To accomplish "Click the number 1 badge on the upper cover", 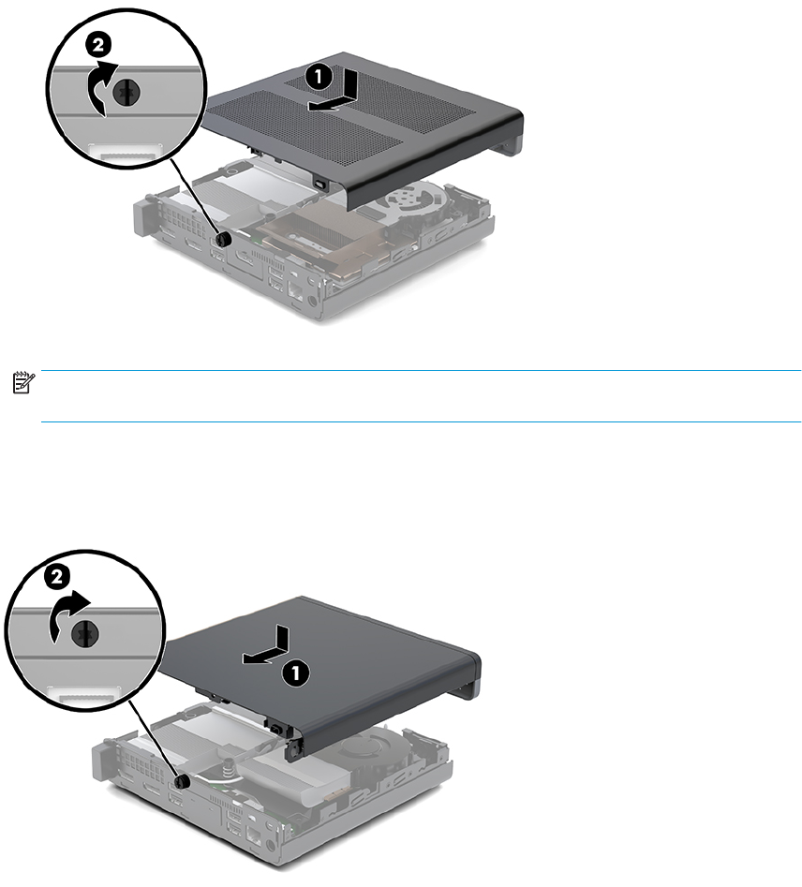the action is pos(319,77).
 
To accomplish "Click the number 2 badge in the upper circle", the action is pos(97,46).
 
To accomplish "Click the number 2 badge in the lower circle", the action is pos(56,577).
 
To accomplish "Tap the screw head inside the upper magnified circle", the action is pos(126,94).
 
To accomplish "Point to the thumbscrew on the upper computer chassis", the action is pos(224,240).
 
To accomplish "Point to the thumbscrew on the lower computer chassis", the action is pos(183,782).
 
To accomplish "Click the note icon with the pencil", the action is pos(23,383).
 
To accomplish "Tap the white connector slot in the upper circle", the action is pos(126,152).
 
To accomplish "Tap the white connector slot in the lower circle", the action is pos(83,693).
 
